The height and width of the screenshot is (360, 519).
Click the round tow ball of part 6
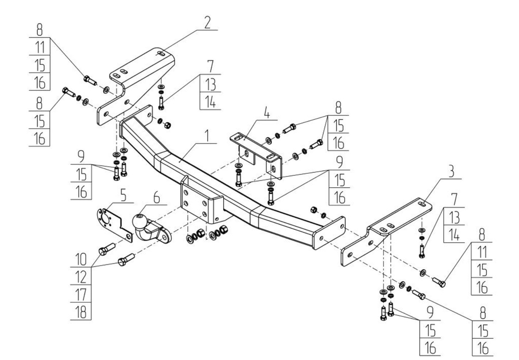coord(141,221)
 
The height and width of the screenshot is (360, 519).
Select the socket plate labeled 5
coord(112,224)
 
